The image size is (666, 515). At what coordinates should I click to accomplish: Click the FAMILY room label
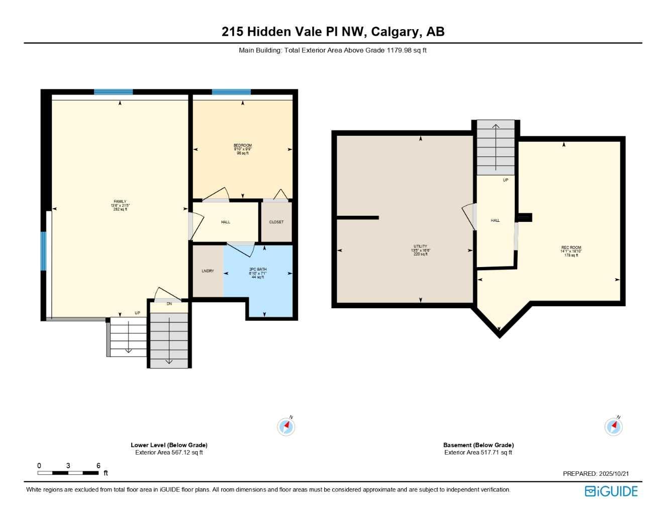coord(120,202)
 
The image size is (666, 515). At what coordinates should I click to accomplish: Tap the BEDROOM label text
coord(243,146)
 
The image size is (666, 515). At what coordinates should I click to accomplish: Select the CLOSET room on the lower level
coord(276,222)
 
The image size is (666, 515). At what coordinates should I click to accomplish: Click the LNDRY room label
coord(208,271)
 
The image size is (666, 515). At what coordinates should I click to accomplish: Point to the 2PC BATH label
coord(258,270)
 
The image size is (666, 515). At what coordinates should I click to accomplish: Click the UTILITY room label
coord(420,246)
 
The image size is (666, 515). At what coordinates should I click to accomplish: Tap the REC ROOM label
coord(571,247)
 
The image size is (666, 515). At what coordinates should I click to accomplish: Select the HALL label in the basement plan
coord(495,220)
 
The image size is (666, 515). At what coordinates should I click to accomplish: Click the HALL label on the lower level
coord(226,222)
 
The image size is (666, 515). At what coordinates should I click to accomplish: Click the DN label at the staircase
coord(169,304)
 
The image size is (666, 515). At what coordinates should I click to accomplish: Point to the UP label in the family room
coord(137,313)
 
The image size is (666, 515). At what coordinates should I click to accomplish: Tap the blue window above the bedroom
coord(231,92)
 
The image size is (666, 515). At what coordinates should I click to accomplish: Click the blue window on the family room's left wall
coord(43,251)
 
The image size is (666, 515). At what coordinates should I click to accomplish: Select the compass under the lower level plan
coord(287,426)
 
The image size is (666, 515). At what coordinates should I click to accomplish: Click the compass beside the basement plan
coord(614,426)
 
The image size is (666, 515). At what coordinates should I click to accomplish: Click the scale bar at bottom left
coord(68,473)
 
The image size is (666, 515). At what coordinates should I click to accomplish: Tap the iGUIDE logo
coord(611,491)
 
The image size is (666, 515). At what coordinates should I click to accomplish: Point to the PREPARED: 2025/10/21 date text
coord(596,474)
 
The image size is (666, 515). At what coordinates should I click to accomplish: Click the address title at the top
coord(333,32)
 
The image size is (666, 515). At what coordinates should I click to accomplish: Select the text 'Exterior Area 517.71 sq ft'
coord(478,453)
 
